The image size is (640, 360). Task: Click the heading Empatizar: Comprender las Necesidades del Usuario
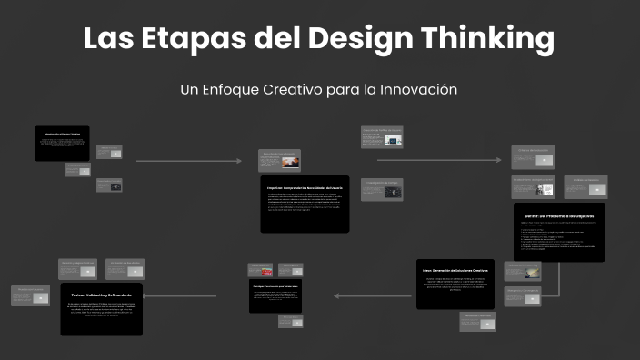[x=305, y=185]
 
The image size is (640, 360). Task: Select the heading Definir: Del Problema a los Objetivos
[x=559, y=216]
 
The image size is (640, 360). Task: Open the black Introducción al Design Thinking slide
[x=62, y=144]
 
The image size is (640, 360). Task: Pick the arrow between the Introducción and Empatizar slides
[x=189, y=162]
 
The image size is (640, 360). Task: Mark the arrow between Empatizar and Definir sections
[x=439, y=160]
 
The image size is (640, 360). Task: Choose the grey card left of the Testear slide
[x=30, y=295]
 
